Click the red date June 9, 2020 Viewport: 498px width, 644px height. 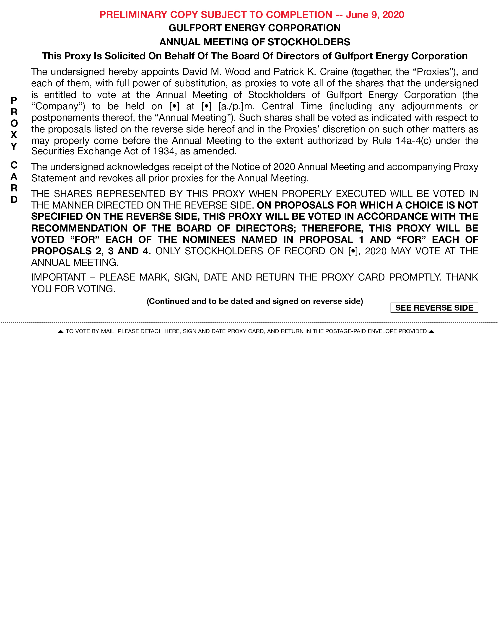coord(375,15)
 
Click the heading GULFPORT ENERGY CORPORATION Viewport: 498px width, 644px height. coord(255,28)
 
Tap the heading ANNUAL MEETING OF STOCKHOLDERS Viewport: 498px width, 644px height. coord(255,42)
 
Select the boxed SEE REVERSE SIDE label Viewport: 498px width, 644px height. coord(434,308)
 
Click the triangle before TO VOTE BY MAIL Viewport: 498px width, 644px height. coord(60,331)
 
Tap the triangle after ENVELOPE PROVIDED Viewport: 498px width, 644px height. coord(431,331)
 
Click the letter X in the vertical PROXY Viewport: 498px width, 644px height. coord(14,135)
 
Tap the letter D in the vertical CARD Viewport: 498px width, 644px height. coord(14,200)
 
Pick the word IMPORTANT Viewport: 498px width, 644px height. coord(58,278)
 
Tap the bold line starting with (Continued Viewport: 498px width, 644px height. coord(255,301)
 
